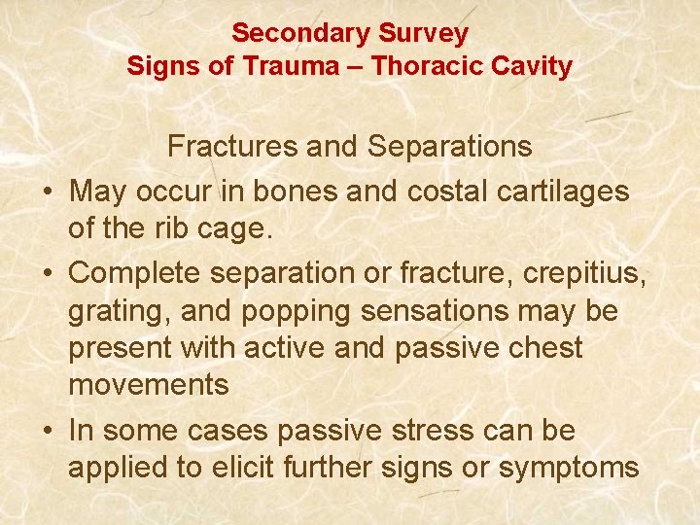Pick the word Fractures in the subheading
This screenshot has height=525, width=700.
point(234,146)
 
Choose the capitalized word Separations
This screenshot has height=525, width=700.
point(449,146)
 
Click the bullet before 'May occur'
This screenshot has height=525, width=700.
point(47,192)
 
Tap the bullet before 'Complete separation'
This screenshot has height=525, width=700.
point(47,274)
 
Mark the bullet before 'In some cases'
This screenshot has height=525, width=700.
point(47,431)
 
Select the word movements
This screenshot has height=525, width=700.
point(148,385)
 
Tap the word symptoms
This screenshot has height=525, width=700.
point(568,469)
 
